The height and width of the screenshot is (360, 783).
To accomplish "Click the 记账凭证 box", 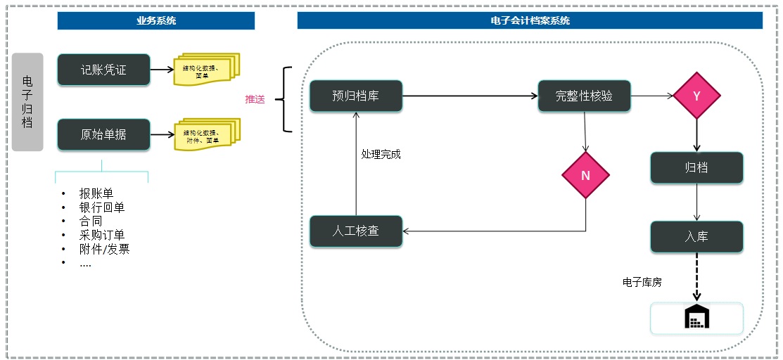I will [103, 70].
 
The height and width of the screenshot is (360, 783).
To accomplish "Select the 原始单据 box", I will [103, 134].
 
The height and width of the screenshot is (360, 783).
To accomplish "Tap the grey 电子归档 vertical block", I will [27, 102].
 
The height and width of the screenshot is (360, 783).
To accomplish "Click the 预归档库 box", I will [356, 96].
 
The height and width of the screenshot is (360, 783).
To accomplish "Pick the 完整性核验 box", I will [584, 96].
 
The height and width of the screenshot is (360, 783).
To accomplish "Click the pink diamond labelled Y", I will [696, 96].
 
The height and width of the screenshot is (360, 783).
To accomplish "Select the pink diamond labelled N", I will [585, 176].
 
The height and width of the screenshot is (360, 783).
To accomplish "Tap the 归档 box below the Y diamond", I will [696, 168].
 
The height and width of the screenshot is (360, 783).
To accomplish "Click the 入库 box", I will [696, 237].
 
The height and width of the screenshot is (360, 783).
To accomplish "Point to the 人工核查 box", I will [356, 231].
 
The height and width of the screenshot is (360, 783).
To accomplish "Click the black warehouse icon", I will [696, 317].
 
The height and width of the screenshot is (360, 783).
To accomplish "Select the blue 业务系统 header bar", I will [156, 20].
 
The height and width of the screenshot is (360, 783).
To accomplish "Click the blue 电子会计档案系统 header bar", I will [530, 20].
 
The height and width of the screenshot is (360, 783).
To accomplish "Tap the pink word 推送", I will [255, 99].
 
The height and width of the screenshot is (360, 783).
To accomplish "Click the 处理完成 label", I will [381, 154].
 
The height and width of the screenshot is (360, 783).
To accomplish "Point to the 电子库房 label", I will [642, 282].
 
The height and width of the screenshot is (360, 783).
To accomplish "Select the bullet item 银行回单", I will [102, 207].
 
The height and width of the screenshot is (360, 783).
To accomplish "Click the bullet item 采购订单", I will [102, 235].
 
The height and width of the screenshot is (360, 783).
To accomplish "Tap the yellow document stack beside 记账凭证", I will [206, 69].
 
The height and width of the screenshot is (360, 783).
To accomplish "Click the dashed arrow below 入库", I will [697, 278].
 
